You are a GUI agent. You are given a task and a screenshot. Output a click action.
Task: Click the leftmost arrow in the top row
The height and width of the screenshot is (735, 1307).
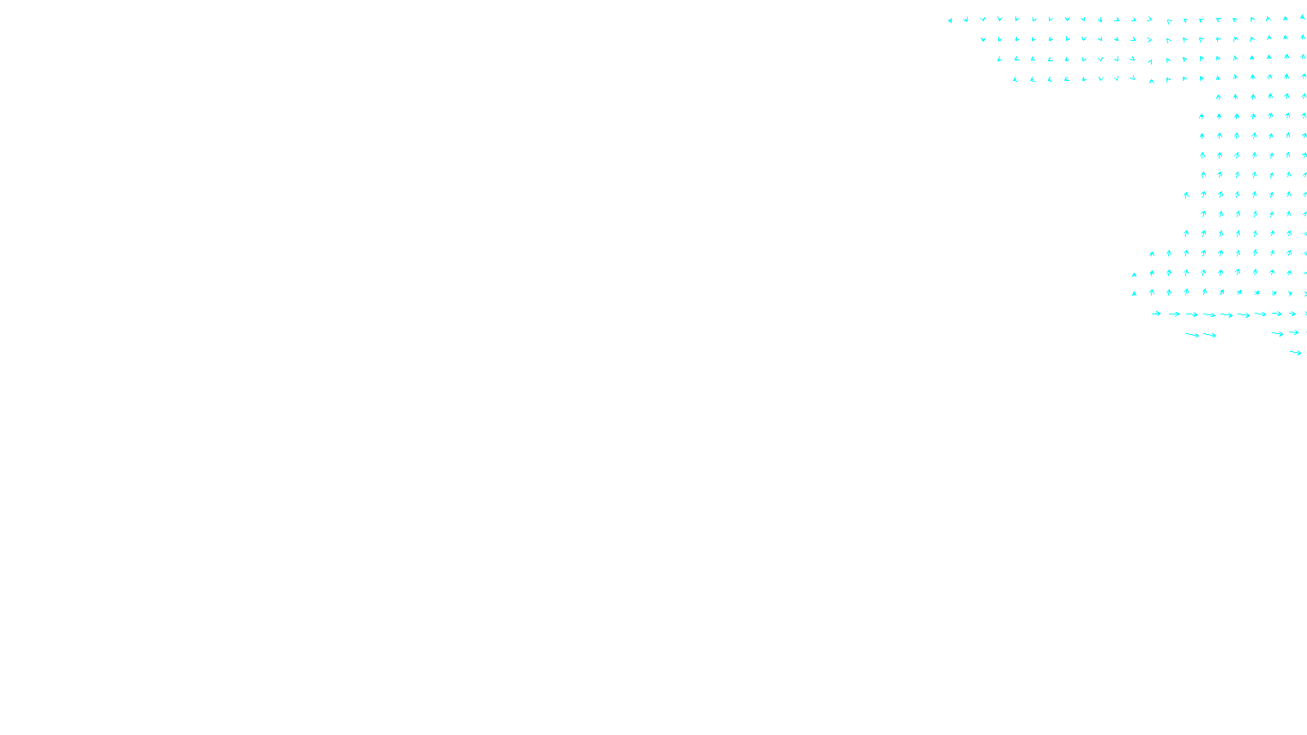click(949, 20)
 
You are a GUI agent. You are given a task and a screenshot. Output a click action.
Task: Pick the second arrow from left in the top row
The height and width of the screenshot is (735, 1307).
click(966, 20)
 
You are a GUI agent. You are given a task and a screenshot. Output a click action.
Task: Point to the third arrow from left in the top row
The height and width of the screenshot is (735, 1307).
click(983, 19)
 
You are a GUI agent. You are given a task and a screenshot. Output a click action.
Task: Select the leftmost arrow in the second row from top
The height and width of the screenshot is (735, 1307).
click(983, 39)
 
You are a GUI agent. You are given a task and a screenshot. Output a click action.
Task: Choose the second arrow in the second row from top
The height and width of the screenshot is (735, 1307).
click(1000, 39)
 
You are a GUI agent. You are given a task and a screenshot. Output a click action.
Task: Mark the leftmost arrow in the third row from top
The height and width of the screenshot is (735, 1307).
click(999, 59)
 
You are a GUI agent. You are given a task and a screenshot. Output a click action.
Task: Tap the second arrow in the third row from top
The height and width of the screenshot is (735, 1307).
click(1016, 59)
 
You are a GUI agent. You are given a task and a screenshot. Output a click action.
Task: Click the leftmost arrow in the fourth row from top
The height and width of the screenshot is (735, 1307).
click(1015, 79)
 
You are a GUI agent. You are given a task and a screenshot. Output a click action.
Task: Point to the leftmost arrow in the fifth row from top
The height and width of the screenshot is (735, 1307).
click(1219, 97)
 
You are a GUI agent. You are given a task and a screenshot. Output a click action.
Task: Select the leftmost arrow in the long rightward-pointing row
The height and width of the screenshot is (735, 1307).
click(1156, 314)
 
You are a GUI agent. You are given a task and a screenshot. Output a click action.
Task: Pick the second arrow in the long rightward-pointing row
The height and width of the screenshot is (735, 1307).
click(1174, 314)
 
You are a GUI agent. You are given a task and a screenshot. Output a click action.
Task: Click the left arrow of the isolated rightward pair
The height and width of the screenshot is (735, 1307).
click(1192, 335)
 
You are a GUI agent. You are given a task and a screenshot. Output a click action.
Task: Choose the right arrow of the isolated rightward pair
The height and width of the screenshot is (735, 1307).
click(1210, 335)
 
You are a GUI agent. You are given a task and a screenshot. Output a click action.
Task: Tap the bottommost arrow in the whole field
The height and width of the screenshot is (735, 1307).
click(1295, 353)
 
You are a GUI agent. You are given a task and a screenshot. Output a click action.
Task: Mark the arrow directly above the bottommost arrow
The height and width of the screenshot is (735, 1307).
click(1294, 332)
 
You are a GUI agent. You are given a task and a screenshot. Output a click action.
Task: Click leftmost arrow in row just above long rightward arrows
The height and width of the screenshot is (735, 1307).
click(1134, 293)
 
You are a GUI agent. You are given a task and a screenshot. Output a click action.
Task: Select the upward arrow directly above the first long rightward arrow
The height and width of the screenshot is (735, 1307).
click(1152, 292)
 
